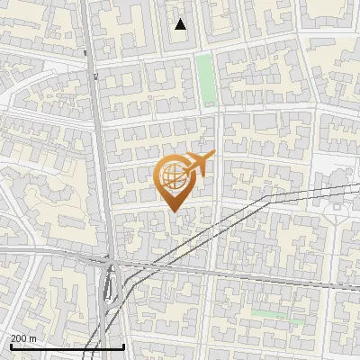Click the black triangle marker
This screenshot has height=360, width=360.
tap(181, 24)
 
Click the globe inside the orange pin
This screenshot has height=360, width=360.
tap(174, 175)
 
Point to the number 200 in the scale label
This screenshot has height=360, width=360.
tap(20, 338)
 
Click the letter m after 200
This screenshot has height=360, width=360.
tap(33, 338)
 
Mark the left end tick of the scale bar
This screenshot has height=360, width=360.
tap(10, 346)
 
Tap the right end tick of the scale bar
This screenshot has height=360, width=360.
tap(123, 346)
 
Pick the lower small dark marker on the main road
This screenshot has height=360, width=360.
tap(94, 77)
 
